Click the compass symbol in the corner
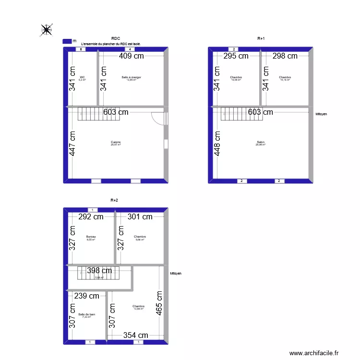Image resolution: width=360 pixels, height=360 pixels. pos(47,30)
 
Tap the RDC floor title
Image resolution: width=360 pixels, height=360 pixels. pos(115,38)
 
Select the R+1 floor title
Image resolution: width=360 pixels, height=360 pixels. pos(261,38)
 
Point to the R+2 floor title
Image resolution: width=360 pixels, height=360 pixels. pos(114,200)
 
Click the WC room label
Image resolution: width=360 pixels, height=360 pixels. pos(83,77)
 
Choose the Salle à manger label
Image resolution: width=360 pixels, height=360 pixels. pos(131,77)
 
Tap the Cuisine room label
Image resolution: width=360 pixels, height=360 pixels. pos(116,142)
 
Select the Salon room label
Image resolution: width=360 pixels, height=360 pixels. pos(261,142)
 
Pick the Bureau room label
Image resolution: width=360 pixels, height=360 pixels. pos(91,237)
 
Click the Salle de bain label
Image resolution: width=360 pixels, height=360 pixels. pos(86,315)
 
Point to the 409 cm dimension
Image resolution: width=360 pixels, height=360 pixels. pos(132,56)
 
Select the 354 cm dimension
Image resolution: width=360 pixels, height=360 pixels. pos(136,336)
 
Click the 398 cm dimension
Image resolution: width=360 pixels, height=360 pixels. pos(100,271)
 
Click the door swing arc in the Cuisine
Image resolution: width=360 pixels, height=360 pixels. pos(157,118)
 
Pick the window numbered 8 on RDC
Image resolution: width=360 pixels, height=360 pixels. pos(82,49)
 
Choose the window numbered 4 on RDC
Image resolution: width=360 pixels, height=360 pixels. pos(128,49)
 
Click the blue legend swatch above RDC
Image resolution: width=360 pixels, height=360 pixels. pos(67,42)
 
